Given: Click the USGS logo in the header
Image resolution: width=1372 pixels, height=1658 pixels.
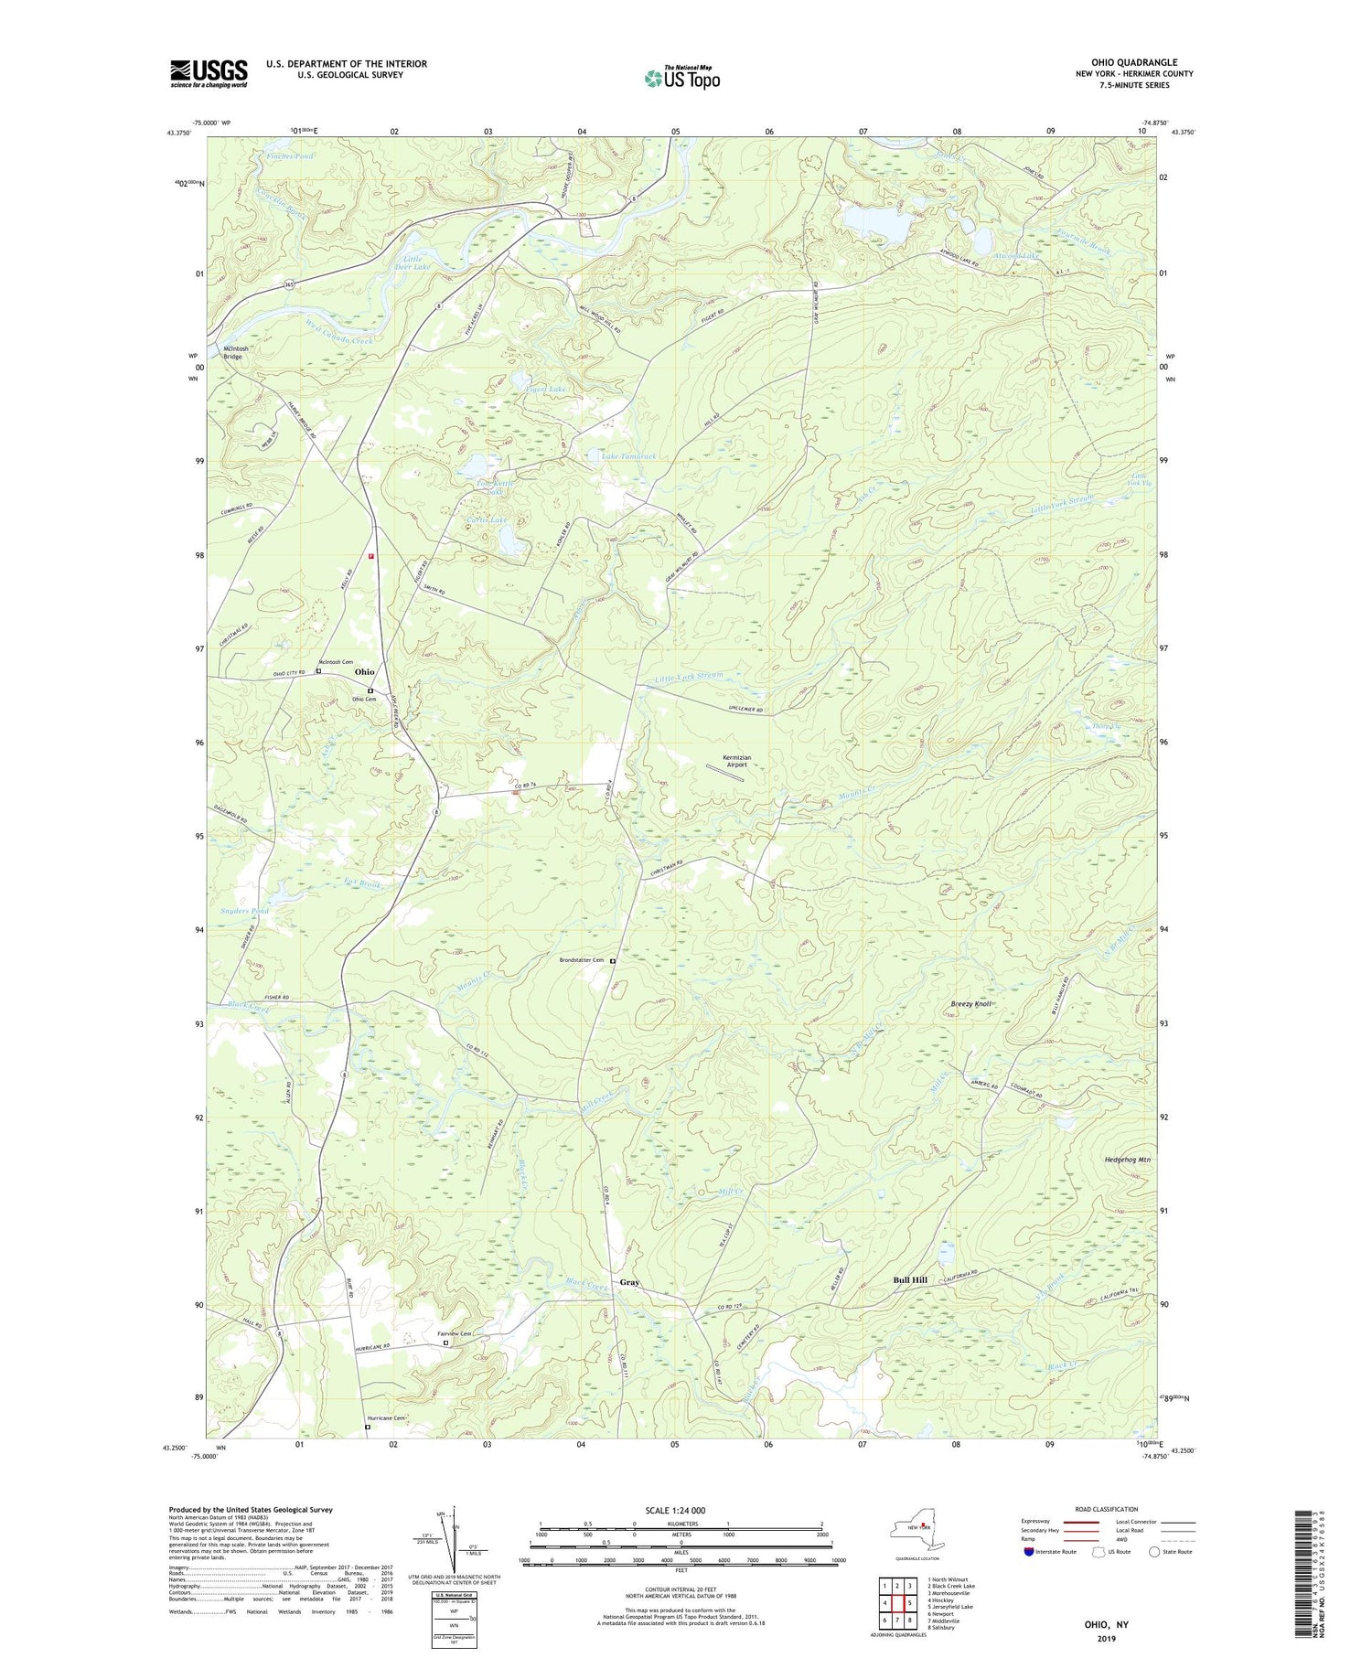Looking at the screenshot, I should (x=209, y=73).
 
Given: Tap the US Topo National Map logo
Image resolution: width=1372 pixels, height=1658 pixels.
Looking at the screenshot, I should (x=682, y=79).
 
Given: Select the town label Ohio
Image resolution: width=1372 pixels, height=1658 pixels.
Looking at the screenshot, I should (x=364, y=672).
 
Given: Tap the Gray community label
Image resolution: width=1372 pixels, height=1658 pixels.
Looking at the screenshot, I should (x=629, y=1282).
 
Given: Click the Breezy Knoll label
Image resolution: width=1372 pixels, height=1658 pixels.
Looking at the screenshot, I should (x=970, y=1004).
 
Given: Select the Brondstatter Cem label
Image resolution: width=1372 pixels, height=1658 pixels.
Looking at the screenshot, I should (x=582, y=960).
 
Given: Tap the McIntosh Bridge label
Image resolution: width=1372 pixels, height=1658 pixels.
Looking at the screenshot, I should (x=232, y=352).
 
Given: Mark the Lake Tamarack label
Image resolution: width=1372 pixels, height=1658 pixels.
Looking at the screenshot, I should (x=628, y=455).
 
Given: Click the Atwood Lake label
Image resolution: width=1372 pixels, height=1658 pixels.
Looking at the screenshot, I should (x=1018, y=257).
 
